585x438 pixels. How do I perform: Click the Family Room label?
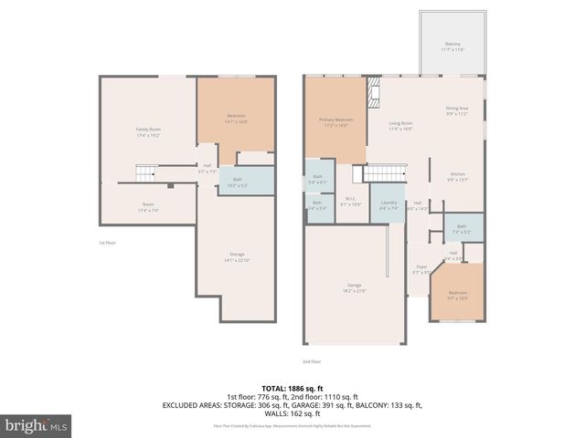(x=148, y=132)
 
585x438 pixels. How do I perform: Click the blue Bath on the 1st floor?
(x=237, y=182)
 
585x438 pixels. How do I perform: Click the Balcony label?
(x=452, y=46)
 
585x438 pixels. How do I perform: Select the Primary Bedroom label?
(x=335, y=122)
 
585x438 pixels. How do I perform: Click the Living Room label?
(x=401, y=125)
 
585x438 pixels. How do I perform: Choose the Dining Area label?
(x=457, y=111)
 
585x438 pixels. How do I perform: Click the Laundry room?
(x=388, y=204)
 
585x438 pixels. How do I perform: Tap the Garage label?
(x=355, y=287)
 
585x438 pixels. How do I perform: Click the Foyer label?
(x=420, y=269)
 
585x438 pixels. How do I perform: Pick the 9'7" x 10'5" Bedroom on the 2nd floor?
(x=457, y=295)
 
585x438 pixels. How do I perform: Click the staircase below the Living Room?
(x=385, y=174)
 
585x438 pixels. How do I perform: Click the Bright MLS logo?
(x=37, y=425)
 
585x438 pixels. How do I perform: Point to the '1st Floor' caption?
(x=108, y=243)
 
